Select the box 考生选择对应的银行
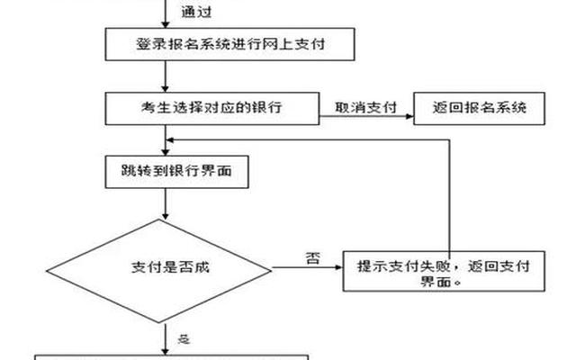(x=211, y=107)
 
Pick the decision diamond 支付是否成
(x=167, y=266)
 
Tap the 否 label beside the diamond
(x=312, y=258)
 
